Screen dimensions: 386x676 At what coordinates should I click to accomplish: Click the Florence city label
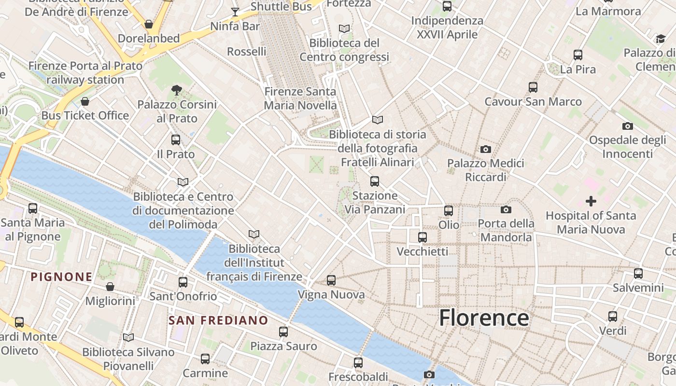484,318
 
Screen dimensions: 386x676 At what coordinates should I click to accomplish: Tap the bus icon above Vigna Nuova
331,280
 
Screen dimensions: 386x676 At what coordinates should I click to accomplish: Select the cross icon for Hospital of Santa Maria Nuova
591,201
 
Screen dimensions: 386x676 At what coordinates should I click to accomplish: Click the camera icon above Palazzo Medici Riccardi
486,149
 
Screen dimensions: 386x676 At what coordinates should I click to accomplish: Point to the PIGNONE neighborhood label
61,277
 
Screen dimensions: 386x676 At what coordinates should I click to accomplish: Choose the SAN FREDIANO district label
218,320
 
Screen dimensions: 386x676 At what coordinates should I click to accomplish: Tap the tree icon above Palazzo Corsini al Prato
177,89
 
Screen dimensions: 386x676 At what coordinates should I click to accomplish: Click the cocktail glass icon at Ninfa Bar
235,12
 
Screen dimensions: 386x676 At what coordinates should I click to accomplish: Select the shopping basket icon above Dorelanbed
149,24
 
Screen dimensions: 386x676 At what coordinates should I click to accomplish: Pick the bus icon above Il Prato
176,140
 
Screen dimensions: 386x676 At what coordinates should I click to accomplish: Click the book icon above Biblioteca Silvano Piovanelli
128,337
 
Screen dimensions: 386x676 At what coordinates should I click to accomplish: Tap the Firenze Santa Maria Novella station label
300,98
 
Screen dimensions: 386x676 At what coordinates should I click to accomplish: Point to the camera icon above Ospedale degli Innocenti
628,126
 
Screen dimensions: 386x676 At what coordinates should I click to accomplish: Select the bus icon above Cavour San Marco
533,87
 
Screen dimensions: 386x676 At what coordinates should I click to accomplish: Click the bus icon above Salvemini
638,274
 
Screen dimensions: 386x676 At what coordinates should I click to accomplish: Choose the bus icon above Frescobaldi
358,362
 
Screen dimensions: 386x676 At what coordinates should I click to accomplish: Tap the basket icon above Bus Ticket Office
85,101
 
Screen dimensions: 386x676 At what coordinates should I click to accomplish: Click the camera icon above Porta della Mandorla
506,209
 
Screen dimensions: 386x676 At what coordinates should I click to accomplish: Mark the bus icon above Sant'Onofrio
183,282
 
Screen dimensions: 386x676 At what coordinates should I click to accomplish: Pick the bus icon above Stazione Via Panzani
375,181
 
